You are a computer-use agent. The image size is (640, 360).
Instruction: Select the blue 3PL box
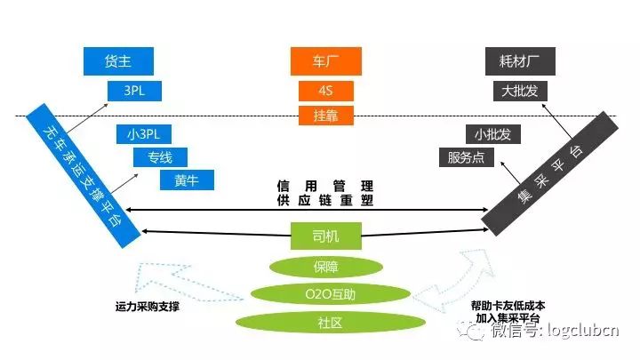pos(132,91)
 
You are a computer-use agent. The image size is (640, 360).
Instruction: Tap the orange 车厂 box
pos(325,60)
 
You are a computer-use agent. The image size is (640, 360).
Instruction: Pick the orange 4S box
pos(325,91)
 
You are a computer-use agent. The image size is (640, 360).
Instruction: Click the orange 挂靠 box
pos(325,115)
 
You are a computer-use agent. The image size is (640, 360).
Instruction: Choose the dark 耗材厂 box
pos(521,60)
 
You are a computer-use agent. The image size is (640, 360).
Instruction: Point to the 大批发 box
pos(520,91)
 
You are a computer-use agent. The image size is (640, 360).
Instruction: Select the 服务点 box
pos(467,158)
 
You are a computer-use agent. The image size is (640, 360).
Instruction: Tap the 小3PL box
pos(143,135)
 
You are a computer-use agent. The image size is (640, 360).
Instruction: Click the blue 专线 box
pos(161,157)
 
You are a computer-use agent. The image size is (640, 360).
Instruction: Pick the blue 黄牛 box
pos(188,180)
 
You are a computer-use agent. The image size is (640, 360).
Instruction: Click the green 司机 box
pos(326,236)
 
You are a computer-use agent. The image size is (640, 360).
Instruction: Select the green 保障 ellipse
pos(326,266)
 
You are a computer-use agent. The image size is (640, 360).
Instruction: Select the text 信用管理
pos(324,188)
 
